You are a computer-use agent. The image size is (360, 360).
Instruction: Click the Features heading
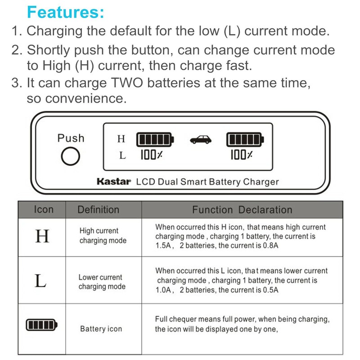(x=66, y=12)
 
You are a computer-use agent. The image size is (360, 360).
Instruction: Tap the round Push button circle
(x=71, y=157)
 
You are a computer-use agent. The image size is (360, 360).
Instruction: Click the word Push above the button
(x=71, y=138)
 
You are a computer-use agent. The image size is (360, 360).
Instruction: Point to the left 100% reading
(x=151, y=155)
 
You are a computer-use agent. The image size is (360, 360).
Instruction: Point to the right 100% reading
(x=242, y=155)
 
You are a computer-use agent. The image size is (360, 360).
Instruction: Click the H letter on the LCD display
(x=121, y=139)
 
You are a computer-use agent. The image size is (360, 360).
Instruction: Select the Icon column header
(x=44, y=210)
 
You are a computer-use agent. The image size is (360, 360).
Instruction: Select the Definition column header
(x=99, y=210)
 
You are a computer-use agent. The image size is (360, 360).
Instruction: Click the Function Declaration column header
(x=242, y=210)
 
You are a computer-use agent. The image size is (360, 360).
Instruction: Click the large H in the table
(x=42, y=236)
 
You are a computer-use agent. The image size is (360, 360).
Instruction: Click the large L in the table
(x=40, y=281)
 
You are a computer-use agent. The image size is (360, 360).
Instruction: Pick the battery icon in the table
(x=42, y=324)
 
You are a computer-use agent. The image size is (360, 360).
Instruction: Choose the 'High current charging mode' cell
(x=103, y=236)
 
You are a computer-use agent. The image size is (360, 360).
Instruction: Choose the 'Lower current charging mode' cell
(x=102, y=282)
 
